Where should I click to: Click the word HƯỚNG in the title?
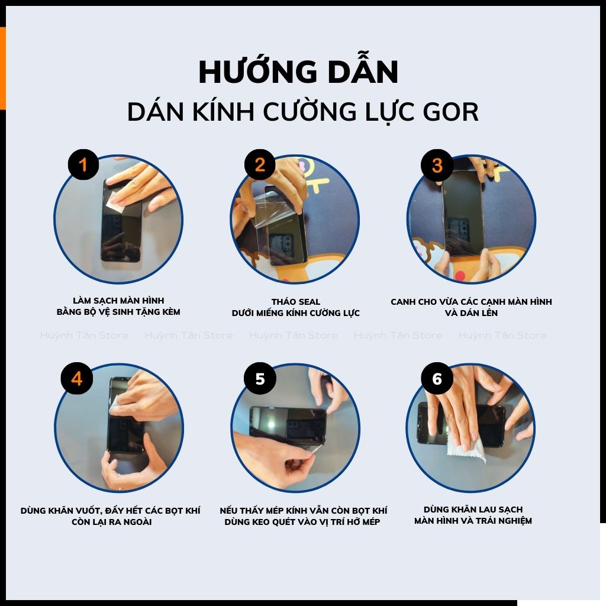click(252, 72)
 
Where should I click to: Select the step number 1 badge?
click(83, 165)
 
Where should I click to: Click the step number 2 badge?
click(260, 165)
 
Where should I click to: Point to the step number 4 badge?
click(76, 379)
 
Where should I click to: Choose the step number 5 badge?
click(260, 379)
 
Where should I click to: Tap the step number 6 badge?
click(437, 379)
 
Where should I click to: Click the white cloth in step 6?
click(468, 450)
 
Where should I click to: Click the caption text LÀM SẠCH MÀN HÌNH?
click(118, 301)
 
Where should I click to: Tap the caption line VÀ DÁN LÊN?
click(471, 313)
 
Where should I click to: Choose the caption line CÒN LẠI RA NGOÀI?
click(111, 522)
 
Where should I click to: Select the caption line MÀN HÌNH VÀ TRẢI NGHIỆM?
click(473, 521)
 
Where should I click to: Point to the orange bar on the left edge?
click(2, 68)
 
